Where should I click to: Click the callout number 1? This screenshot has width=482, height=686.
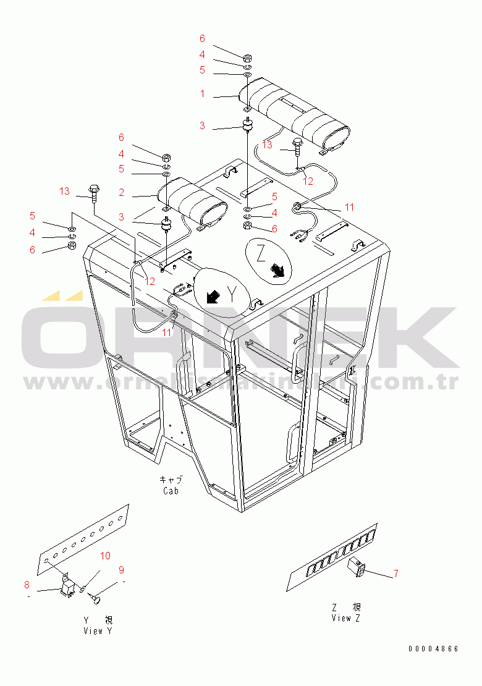coord(201,95)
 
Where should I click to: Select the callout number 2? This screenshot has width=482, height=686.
coord(122,193)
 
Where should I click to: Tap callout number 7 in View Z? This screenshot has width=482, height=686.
coord(395,574)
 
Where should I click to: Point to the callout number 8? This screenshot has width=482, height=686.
coord(27,584)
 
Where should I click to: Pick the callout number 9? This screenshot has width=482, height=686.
coord(121,570)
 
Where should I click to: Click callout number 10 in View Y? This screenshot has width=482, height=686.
coord(106,556)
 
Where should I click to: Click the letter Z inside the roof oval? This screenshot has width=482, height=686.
coord(261,253)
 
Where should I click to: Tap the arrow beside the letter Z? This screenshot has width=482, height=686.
coord(277,269)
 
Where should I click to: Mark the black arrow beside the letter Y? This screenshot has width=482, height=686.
coord(213,297)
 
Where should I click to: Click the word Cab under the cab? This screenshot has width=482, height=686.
coord(171,491)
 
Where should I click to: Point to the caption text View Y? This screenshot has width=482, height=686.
coord(98,631)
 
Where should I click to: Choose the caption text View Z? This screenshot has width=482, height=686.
coord(350,618)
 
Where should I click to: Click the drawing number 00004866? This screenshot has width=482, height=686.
coord(433,649)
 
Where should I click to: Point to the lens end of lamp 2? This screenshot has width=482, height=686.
coord(211,213)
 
